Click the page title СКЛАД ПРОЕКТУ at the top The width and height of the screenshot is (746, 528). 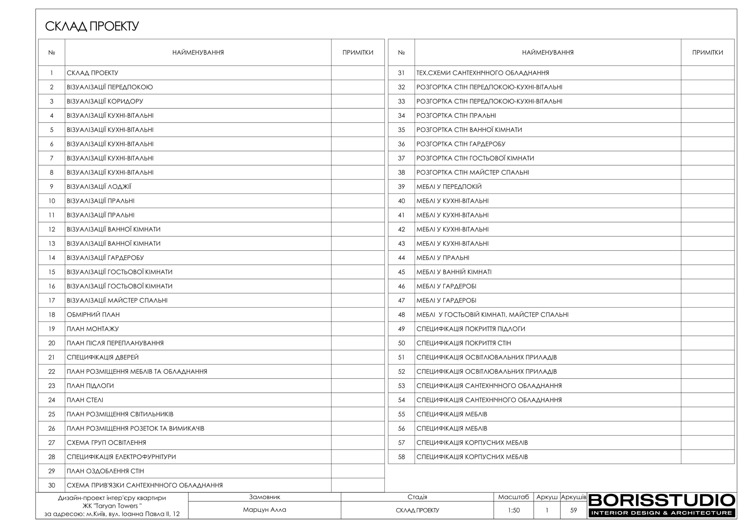[x=92, y=26]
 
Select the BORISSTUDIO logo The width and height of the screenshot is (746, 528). [x=661, y=505]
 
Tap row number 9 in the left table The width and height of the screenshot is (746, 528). [x=52, y=187]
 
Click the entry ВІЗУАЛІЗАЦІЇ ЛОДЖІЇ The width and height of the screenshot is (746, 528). [x=99, y=187]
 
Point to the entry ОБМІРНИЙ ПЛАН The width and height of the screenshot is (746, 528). [x=93, y=314]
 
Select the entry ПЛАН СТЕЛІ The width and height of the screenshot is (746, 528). [x=85, y=400]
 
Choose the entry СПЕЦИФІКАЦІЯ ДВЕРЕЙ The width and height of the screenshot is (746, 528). [x=103, y=357]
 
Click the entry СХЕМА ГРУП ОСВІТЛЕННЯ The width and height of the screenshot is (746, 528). [x=106, y=443]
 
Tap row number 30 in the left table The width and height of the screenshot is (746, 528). [x=52, y=485]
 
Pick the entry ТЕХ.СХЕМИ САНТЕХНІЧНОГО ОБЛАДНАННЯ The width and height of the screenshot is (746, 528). [x=483, y=73]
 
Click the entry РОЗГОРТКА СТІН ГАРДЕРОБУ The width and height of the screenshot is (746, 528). [x=461, y=144]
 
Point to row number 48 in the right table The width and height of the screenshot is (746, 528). [x=401, y=314]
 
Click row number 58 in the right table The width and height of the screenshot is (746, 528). [x=401, y=457]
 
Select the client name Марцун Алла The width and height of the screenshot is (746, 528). [x=265, y=510]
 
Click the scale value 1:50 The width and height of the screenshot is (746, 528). [x=513, y=510]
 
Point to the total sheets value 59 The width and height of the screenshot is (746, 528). [x=573, y=510]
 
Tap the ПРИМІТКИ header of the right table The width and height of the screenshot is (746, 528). [x=707, y=53]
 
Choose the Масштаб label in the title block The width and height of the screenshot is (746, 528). [x=513, y=497]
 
